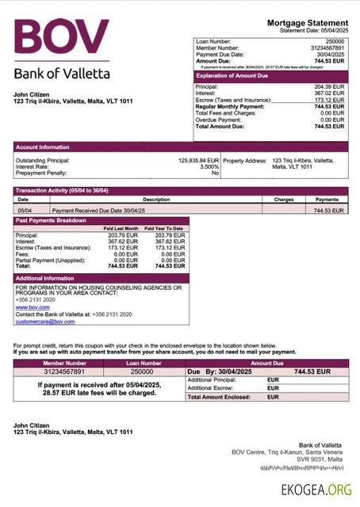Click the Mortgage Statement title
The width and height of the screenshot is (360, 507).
[307, 22]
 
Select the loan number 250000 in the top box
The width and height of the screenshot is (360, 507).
[335, 41]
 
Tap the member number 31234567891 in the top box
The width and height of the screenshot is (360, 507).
[327, 48]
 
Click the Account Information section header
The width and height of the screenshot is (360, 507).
[43, 147]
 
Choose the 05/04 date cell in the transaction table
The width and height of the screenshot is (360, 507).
[24, 211]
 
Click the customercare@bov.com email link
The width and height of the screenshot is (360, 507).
[45, 322]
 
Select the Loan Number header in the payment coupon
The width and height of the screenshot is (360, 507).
[142, 363]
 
